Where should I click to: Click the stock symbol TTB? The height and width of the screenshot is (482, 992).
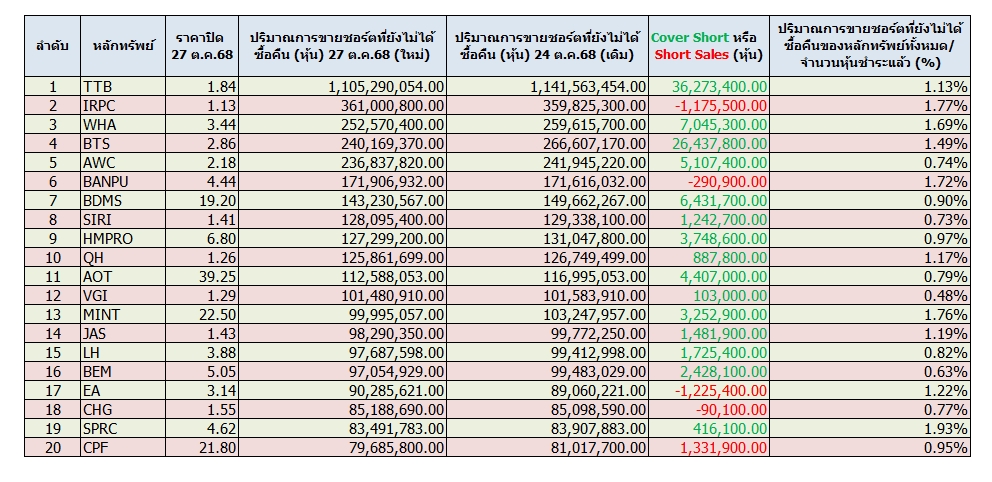[99, 87]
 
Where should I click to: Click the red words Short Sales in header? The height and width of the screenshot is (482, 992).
[692, 54]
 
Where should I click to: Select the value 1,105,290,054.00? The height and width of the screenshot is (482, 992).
[386, 87]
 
